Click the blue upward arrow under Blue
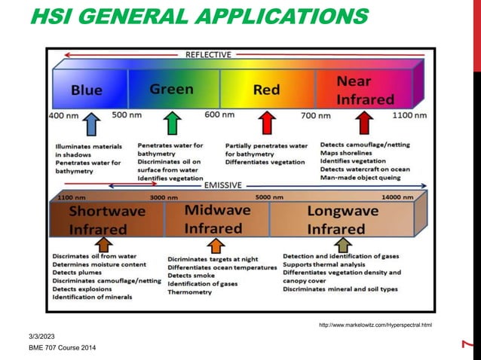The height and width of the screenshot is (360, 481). pyautogui.click(x=90, y=124)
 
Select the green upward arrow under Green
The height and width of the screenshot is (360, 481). pyautogui.click(x=172, y=123)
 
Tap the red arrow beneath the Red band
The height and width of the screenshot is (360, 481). pyautogui.click(x=266, y=123)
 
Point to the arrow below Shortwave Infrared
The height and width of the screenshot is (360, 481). pyautogui.click(x=105, y=245)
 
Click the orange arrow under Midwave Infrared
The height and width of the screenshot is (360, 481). pyautogui.click(x=216, y=245)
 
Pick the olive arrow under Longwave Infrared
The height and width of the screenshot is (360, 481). pyautogui.click(x=343, y=245)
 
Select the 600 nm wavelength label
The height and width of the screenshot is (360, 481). pyautogui.click(x=219, y=115)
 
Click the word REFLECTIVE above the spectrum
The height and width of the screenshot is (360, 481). pyautogui.click(x=208, y=55)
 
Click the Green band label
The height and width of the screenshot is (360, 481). pyautogui.click(x=171, y=89)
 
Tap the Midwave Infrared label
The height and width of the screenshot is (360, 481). pyautogui.click(x=213, y=218)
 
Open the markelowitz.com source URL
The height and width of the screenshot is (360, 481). pyautogui.click(x=375, y=325)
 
